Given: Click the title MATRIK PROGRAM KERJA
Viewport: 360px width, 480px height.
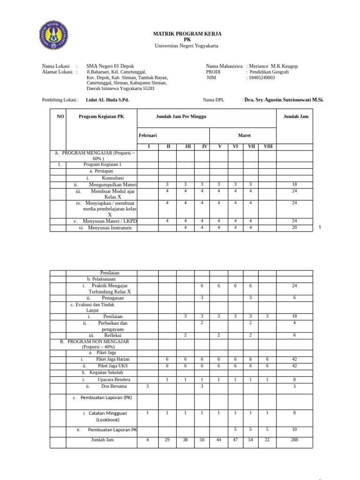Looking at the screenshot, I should click(187, 34).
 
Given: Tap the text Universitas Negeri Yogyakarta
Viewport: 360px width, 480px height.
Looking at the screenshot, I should click(187, 45).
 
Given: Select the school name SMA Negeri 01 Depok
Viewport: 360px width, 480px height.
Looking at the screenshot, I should click(110, 66).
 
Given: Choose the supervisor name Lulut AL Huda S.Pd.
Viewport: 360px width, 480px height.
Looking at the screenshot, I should click(107, 100).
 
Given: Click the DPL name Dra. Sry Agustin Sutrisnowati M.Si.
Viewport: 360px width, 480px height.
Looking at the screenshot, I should click(284, 100).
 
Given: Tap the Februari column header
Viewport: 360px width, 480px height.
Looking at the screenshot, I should click(148, 135).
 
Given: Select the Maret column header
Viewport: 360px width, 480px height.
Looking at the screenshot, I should click(244, 135).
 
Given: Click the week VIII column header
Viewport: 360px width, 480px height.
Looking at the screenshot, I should click(268, 147).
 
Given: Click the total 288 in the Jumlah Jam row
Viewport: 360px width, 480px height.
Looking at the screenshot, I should click(294, 440).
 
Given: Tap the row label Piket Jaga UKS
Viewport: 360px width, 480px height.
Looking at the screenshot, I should click(112, 366).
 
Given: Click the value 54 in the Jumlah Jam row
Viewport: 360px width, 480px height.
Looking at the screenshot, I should click(251, 440).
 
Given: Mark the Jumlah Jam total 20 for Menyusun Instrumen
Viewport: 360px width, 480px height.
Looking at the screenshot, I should click(294, 228).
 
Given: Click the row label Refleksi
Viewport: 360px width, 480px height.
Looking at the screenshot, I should click(112, 335).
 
